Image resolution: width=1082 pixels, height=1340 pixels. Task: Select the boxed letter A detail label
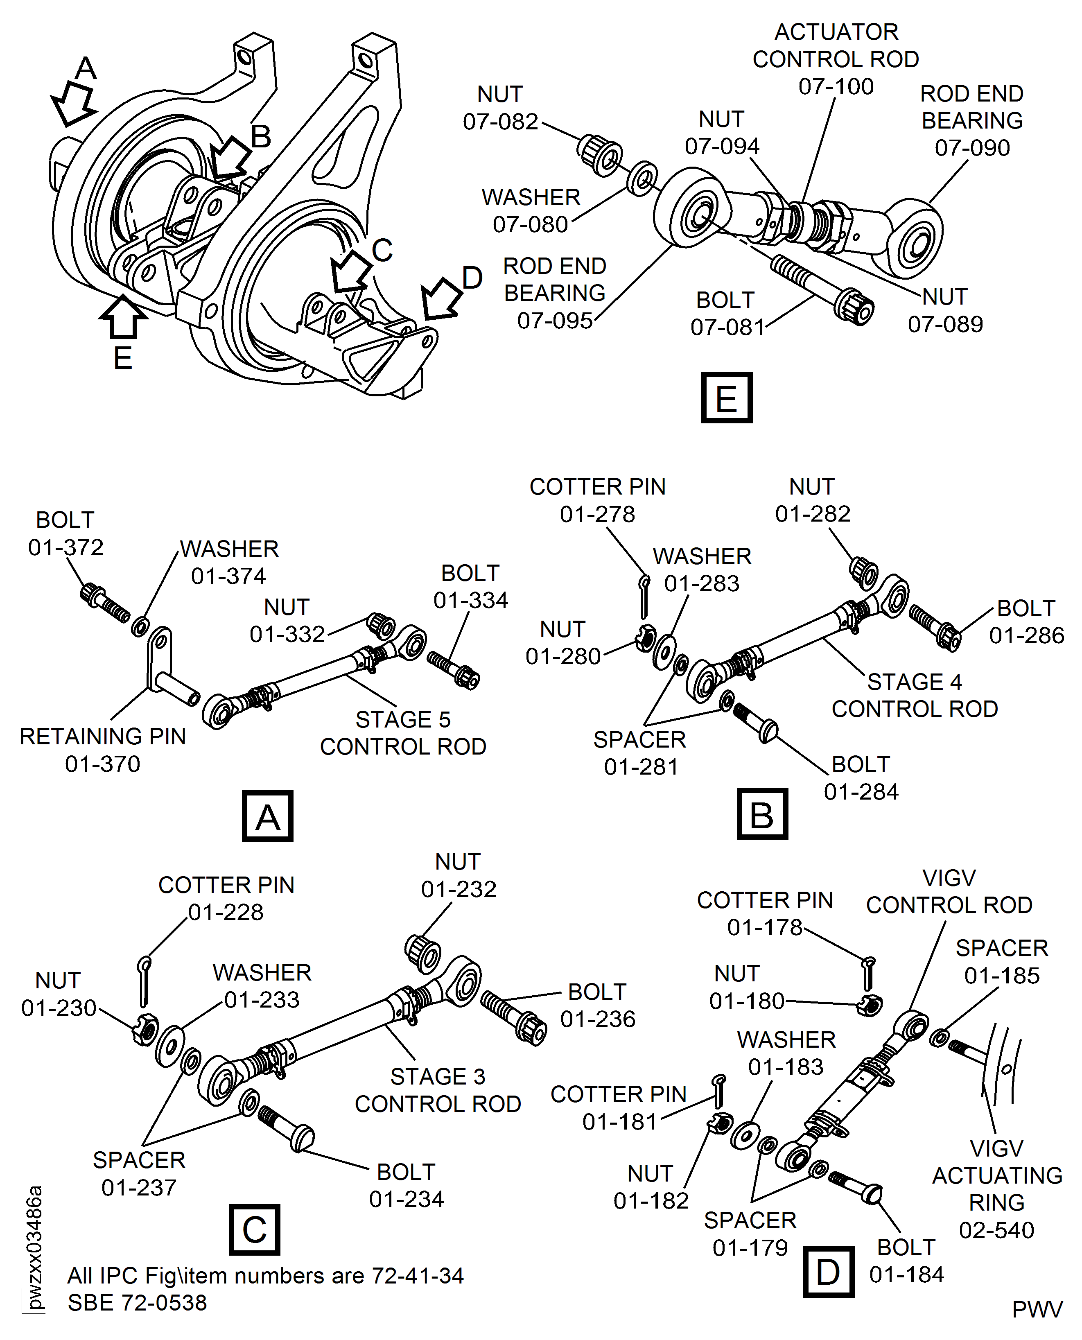[x=267, y=816]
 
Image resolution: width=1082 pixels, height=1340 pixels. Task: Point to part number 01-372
[x=66, y=547]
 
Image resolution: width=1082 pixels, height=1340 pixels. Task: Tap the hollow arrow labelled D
[x=441, y=298]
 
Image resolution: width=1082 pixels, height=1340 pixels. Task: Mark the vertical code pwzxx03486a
[x=35, y=1247]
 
